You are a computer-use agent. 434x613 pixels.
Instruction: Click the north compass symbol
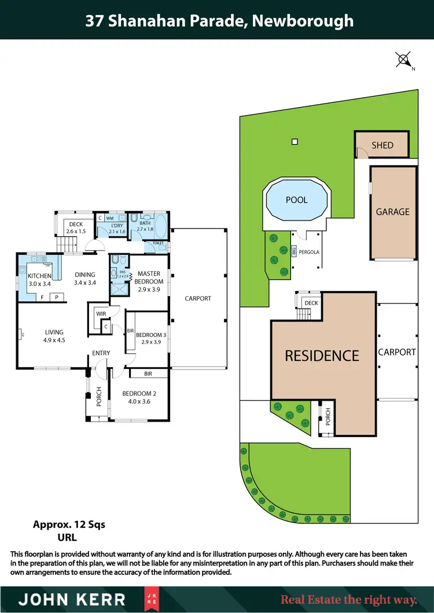coord(404,59)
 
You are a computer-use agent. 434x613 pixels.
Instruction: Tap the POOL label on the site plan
coord(296,200)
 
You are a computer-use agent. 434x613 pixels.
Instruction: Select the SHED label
coord(382,145)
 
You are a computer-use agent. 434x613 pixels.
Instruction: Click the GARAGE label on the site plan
coord(393,212)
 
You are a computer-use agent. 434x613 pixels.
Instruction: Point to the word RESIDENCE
coord(322,356)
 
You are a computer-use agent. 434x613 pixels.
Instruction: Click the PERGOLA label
coord(309,252)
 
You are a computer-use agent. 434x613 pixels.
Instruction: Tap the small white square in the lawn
coord(295,142)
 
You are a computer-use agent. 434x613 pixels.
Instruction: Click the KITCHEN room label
coord(40,276)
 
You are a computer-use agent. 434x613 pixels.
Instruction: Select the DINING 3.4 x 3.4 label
coord(84,279)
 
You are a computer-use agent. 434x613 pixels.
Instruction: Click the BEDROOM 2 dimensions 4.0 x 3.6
coord(136,401)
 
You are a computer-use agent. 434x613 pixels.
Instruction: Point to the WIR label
coord(100,314)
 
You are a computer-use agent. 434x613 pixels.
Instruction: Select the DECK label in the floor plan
coord(76,224)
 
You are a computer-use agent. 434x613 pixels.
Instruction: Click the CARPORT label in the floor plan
coord(198,298)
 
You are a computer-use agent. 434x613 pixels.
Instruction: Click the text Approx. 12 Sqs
coord(69,525)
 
